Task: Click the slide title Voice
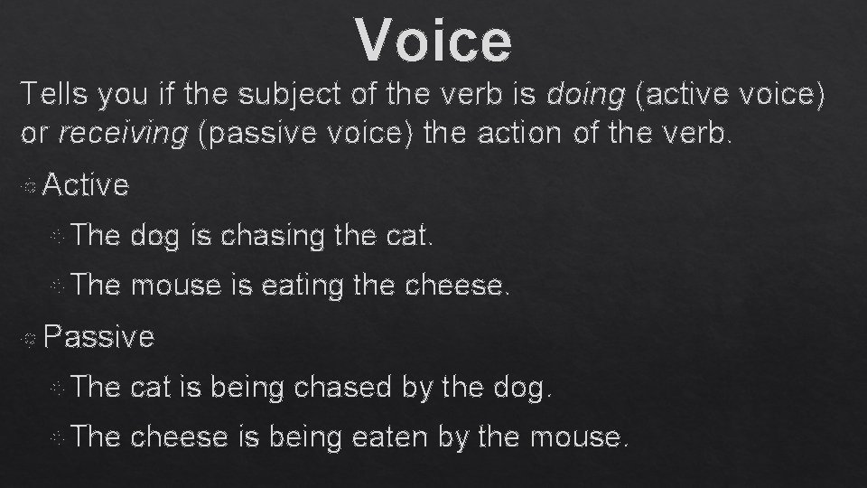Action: point(433,39)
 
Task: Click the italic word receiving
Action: point(123,134)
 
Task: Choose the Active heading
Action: point(86,185)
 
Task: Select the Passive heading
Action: point(98,337)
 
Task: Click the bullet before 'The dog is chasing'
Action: point(58,238)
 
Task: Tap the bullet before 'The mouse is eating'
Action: point(58,287)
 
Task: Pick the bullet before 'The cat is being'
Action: point(58,389)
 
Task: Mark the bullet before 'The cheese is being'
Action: point(58,439)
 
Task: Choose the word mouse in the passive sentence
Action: point(574,438)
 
